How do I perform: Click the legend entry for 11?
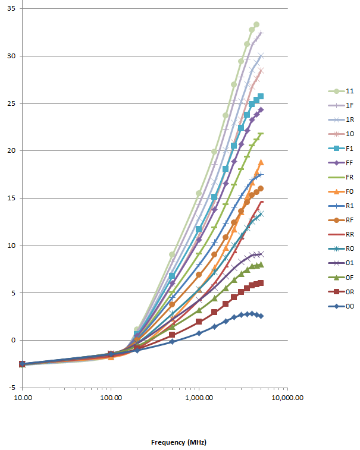[x=342, y=91]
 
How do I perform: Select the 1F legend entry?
[x=342, y=105]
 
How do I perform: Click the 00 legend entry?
[x=342, y=306]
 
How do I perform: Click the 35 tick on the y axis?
[x=11, y=9]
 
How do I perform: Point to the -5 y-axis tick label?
[x=11, y=388]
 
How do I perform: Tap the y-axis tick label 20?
[x=11, y=151]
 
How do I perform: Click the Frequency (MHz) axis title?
[x=178, y=442]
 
